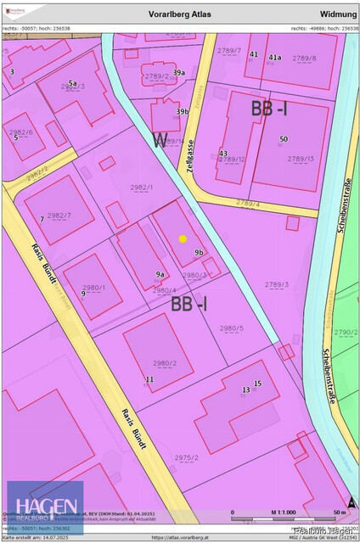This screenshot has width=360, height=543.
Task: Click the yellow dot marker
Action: (183, 238)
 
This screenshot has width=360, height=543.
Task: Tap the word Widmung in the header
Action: (337, 14)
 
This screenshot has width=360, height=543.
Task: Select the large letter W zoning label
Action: (160, 141)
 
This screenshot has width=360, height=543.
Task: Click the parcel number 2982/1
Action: (142, 187)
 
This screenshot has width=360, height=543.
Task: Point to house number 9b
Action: (199, 252)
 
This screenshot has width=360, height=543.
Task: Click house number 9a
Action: (160, 274)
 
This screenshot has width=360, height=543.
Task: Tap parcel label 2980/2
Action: (164, 363)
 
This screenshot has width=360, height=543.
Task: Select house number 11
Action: (149, 378)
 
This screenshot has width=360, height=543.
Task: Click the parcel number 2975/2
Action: (187, 458)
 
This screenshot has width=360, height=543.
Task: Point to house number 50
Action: (283, 138)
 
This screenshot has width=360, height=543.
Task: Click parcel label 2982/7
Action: (59, 216)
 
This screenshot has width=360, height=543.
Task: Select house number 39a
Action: (179, 73)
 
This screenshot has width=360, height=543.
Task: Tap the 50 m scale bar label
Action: (338, 513)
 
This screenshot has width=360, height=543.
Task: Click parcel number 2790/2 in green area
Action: (346, 333)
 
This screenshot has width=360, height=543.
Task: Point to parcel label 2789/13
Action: (300, 159)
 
